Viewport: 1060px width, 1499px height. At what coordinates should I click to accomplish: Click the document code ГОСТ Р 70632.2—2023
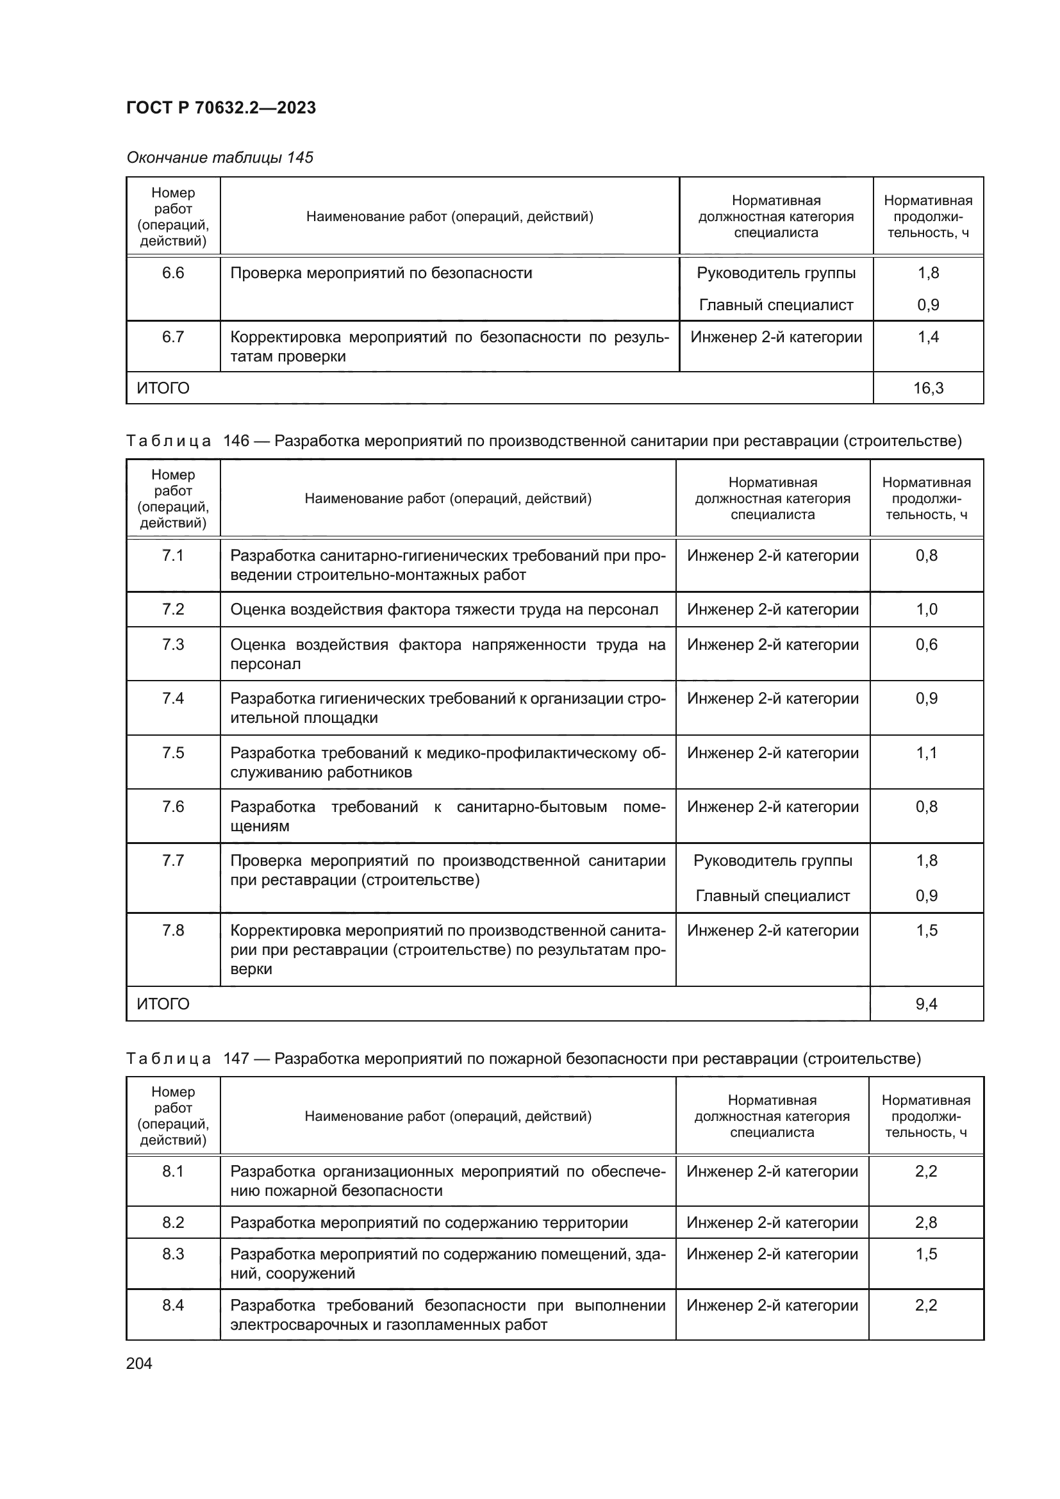[x=220, y=108]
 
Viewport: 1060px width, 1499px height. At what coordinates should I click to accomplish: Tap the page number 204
[x=139, y=1363]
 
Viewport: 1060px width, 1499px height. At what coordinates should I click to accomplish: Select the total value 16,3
[x=927, y=388]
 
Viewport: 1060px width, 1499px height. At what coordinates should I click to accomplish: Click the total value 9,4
[x=926, y=1004]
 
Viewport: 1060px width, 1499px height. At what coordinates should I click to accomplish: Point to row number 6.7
[x=173, y=338]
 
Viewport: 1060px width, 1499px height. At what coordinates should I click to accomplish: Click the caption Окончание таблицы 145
[x=219, y=158]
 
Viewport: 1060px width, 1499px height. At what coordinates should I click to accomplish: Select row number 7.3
[x=173, y=645]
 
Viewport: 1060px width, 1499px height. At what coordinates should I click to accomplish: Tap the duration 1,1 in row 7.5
[x=926, y=754]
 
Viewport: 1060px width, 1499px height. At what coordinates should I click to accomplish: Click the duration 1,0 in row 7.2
[x=926, y=609]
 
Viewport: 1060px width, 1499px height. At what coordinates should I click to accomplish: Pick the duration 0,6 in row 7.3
[x=926, y=645]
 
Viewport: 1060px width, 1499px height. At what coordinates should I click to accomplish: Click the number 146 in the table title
[x=236, y=442]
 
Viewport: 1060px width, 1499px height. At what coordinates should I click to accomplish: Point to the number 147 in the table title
[x=236, y=1058]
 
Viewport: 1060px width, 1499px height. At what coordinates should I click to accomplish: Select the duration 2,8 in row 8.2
[x=925, y=1223]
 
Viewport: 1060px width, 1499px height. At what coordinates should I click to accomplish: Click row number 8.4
[x=173, y=1305]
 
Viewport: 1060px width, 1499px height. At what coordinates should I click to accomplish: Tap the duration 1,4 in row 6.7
[x=927, y=338]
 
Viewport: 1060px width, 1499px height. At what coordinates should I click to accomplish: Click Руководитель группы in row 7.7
[x=773, y=861]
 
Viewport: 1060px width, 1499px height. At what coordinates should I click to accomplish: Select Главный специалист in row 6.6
[x=776, y=305]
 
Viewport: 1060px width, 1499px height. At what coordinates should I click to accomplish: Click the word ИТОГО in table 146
[x=163, y=1004]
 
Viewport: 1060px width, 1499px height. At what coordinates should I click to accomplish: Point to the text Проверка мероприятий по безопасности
[x=381, y=274]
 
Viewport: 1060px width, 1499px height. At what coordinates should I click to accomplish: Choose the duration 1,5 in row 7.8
[x=926, y=931]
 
